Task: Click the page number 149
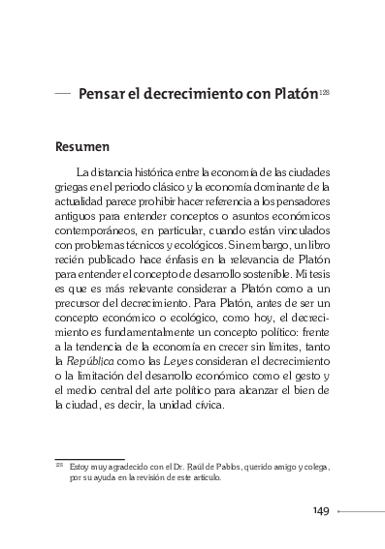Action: [x=325, y=512]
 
